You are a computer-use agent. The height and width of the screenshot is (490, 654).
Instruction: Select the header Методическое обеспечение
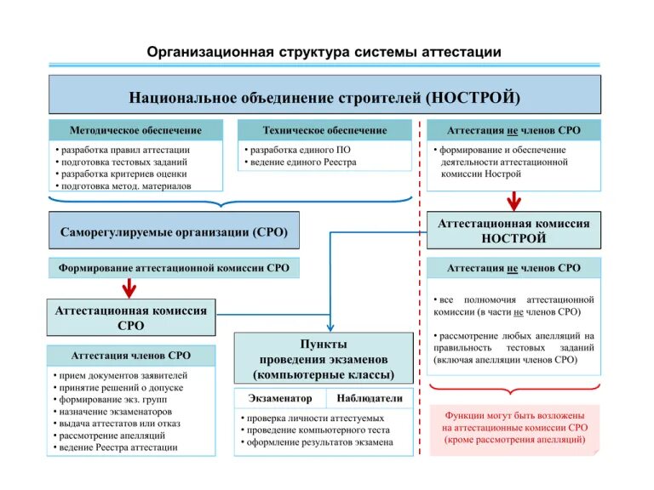135,130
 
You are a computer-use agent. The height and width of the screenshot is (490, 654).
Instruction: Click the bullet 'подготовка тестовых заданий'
122,162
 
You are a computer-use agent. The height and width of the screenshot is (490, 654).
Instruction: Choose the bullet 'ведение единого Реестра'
301,162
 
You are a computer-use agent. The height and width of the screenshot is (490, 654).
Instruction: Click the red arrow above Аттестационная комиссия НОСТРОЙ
513,201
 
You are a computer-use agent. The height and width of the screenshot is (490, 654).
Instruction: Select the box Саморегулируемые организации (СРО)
174,231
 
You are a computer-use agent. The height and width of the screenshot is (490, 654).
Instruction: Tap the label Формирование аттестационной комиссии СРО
174,268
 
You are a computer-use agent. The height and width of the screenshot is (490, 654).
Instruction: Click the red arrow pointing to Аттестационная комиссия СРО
129,288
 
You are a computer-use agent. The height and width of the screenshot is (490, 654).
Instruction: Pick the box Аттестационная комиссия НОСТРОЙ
513,231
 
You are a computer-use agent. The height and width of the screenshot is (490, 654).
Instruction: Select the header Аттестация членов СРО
130,355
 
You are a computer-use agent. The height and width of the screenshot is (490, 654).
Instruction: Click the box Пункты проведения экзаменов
324,358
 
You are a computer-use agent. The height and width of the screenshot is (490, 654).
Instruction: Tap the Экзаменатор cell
280,398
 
